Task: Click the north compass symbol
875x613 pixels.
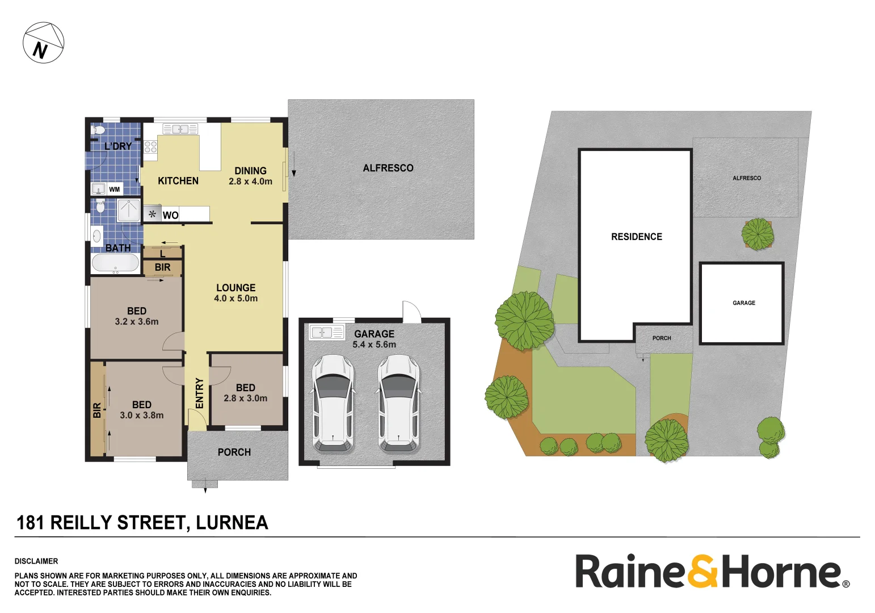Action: coord(43,43)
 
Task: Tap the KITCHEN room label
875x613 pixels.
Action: coord(178,181)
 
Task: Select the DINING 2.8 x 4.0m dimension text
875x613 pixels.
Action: coord(250,182)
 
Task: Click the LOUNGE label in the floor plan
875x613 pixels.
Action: coord(236,288)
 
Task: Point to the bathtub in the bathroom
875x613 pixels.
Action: coord(115,263)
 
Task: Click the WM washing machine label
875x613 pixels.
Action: coord(115,190)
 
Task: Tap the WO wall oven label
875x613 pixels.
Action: coord(170,215)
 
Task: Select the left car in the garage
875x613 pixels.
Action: coord(333,404)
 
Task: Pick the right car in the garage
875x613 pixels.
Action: coord(399,404)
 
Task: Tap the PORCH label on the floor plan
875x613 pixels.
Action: coord(234,452)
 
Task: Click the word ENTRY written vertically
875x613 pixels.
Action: coord(199,393)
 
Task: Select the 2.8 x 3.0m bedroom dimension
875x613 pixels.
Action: coord(246,398)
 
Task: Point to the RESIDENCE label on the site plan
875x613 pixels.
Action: coord(637,237)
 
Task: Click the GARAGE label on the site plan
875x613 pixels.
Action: coord(744,303)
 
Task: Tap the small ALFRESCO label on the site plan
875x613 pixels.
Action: coord(747,178)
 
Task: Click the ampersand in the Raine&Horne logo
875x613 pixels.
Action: coord(703,572)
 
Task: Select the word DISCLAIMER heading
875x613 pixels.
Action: coord(36,561)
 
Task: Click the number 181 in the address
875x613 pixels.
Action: coord(30,523)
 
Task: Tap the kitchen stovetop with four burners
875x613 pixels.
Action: coord(150,147)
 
